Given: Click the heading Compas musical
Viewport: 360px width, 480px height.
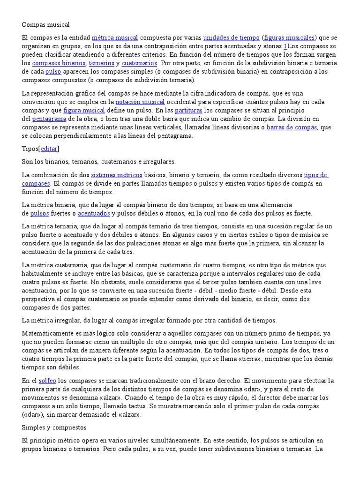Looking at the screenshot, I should coord(45,24).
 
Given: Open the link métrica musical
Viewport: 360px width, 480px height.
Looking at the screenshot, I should coord(115,37).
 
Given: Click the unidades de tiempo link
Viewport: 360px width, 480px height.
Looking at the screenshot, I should coord(231,37).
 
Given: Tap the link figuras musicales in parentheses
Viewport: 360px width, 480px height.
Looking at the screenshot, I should coord(289,37).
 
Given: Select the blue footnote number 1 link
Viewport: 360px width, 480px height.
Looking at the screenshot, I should coord(285,46).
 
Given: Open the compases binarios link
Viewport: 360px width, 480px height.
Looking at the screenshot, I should coord(59,63).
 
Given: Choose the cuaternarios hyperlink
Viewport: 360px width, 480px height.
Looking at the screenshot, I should coord(140,63).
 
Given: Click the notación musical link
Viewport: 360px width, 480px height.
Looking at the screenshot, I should coord(140,102).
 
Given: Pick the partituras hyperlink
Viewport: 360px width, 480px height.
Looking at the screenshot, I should coord(189,110).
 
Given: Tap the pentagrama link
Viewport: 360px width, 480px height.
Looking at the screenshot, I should coord(45,119).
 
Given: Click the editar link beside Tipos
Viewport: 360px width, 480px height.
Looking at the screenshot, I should coord(49,149).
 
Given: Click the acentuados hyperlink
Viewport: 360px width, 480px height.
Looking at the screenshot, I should coord(94,214).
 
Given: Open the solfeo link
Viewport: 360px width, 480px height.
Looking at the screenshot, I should coord(47,381).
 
